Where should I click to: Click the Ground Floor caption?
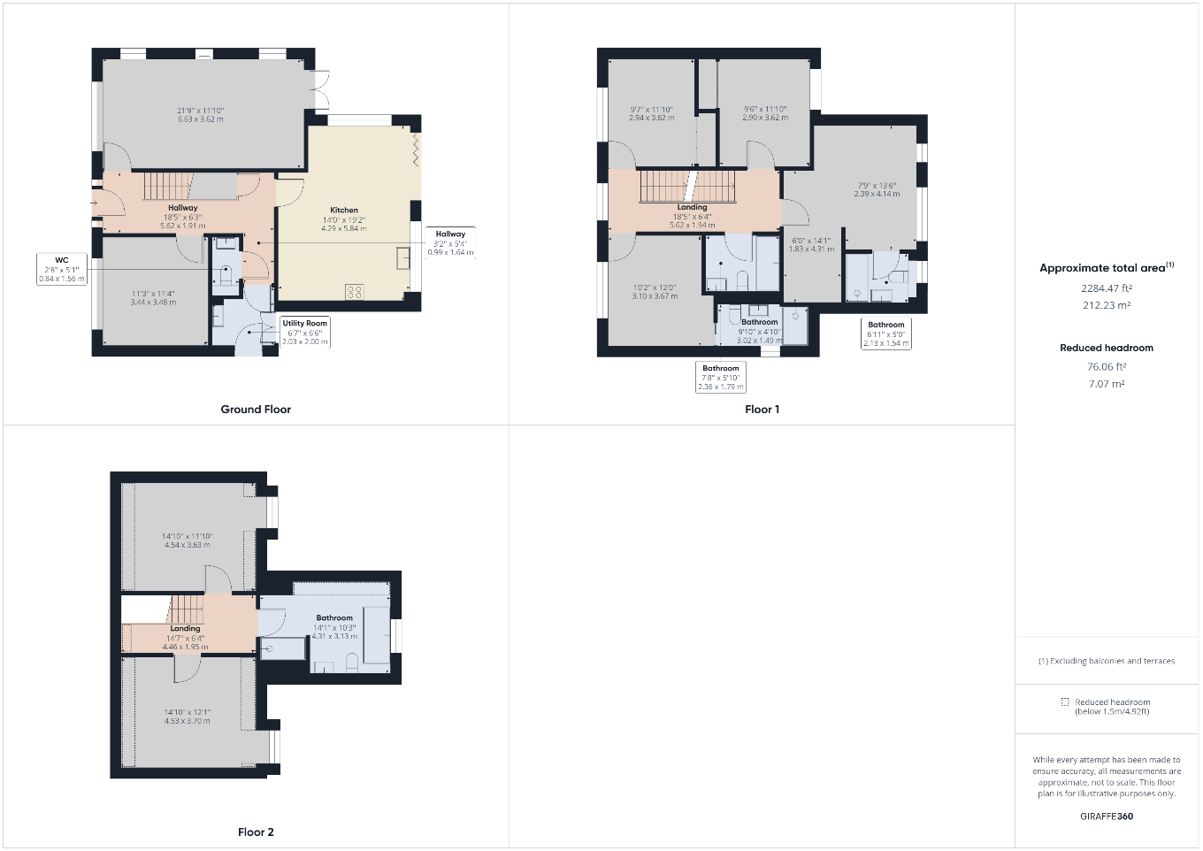pyautogui.click(x=256, y=410)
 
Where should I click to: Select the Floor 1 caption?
pyautogui.click(x=762, y=410)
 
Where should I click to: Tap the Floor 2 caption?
pyautogui.click(x=256, y=832)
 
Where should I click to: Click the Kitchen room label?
pyautogui.click(x=344, y=211)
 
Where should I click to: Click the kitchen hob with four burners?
pyautogui.click(x=354, y=291)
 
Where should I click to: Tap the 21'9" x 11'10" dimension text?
pyautogui.click(x=201, y=111)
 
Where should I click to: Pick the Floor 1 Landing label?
pyautogui.click(x=692, y=208)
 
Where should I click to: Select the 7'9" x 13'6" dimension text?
pyautogui.click(x=877, y=186)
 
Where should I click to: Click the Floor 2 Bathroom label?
pyautogui.click(x=334, y=618)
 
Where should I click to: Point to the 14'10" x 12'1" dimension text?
pyautogui.click(x=187, y=712)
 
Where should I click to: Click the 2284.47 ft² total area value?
pyautogui.click(x=1107, y=288)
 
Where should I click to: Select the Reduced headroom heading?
pyautogui.click(x=1107, y=348)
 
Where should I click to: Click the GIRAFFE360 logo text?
pyautogui.click(x=1107, y=816)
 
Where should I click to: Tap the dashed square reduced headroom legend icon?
pyautogui.click(x=1065, y=701)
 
